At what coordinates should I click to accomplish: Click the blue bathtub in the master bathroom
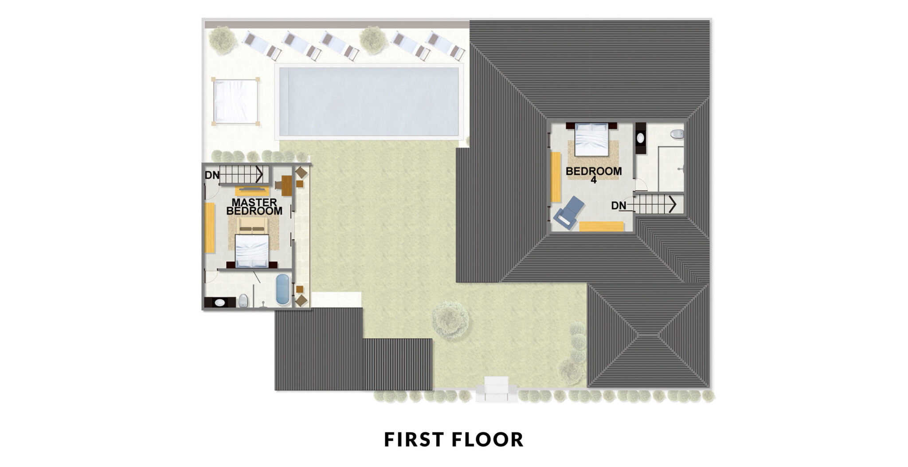tap(282, 290)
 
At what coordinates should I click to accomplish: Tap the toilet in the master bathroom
tap(243, 301)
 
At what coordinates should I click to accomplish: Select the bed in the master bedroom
tap(252, 251)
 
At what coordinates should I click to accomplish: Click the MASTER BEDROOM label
tap(254, 207)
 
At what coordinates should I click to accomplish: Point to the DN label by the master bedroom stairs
tap(212, 175)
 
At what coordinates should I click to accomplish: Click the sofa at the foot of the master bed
tap(252, 225)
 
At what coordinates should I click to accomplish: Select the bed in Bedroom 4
tap(591, 139)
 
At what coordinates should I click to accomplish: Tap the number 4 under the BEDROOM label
tap(593, 180)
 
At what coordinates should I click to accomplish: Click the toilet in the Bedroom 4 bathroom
tap(677, 133)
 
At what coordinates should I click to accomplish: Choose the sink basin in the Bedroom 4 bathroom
tap(641, 138)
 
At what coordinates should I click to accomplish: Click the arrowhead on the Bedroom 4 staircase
tap(672, 204)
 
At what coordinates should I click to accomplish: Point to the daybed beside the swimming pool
tap(235, 102)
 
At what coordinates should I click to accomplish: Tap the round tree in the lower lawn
tap(450, 319)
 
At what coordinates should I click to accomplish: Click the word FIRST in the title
tap(414, 440)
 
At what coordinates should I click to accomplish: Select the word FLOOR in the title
tap(488, 440)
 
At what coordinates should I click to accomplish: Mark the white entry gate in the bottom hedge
tap(497, 389)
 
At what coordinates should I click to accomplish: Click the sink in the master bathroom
tap(220, 302)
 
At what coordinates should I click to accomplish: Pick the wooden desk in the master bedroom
tap(286, 185)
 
